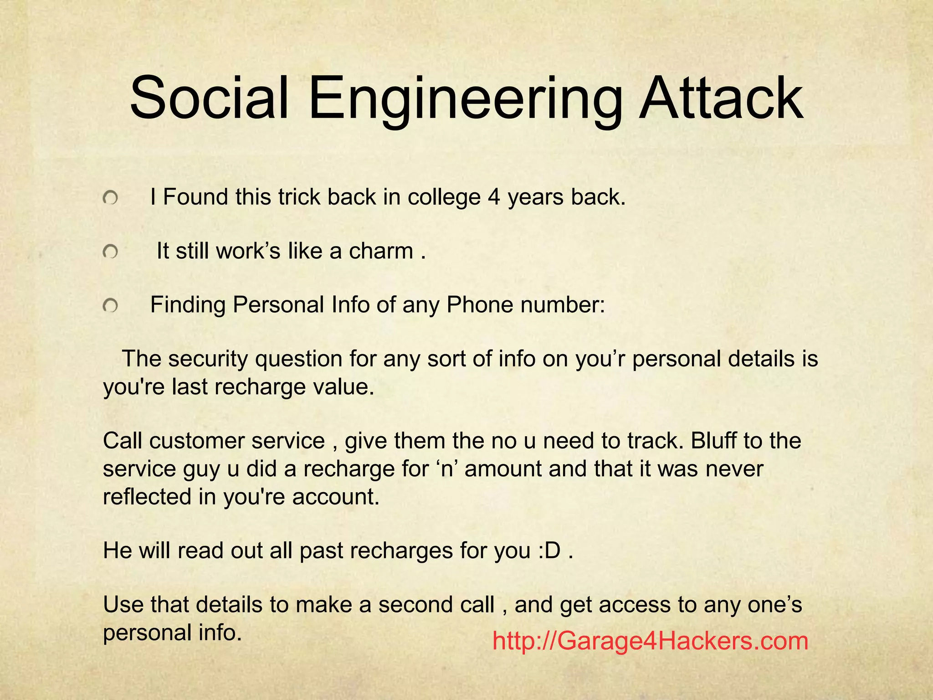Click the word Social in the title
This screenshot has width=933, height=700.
pos(209,98)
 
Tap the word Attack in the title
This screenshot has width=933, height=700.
pos(720,98)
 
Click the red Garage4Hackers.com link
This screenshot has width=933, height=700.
pos(650,641)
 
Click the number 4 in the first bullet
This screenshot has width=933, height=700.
pos(494,197)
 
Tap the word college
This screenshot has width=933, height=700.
pos(444,198)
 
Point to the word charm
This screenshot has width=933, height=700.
pos(381,251)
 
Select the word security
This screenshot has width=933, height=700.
pos(208,360)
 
